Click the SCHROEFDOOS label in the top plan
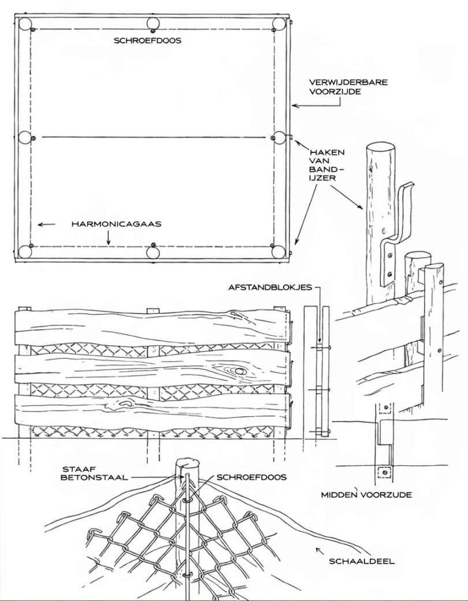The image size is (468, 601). pyautogui.click(x=147, y=40)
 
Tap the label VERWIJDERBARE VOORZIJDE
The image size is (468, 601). pyautogui.click(x=348, y=87)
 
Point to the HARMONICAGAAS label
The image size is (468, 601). pyautogui.click(x=116, y=224)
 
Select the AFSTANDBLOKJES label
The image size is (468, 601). pyautogui.click(x=270, y=287)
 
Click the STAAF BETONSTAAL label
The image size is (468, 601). pyautogui.click(x=94, y=473)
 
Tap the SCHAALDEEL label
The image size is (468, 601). pyautogui.click(x=362, y=562)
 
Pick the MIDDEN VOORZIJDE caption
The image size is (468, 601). pyautogui.click(x=366, y=494)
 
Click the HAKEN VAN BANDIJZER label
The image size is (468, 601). pyautogui.click(x=327, y=165)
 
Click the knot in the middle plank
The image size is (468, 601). pyautogui.click(x=240, y=371)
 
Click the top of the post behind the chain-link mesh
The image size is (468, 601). pyautogui.click(x=187, y=463)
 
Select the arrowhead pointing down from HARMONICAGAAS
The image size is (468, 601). pyautogui.click(x=108, y=242)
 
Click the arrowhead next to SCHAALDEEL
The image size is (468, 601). pyautogui.click(x=318, y=550)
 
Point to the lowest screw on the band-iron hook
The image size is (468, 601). pyautogui.click(x=389, y=274)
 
